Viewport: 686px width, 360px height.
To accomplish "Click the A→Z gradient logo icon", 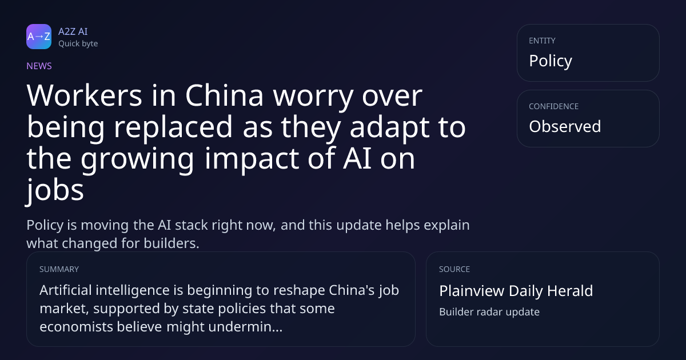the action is click(39, 37).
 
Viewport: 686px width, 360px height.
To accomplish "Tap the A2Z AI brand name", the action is click(73, 31).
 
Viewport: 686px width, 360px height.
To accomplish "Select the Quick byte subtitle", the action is click(78, 44).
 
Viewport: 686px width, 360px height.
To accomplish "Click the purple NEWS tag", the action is click(39, 66).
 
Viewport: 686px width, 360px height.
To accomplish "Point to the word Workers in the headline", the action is click(84, 95).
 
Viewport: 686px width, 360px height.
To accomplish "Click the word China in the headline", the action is click(224, 95).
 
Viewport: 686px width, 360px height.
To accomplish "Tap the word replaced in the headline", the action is click(173, 127).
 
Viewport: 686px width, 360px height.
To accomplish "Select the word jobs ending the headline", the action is click(55, 190).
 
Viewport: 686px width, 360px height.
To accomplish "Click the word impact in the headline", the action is click(252, 159).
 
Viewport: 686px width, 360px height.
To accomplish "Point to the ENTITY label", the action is click(542, 41).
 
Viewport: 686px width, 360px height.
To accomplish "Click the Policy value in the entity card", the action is click(551, 61).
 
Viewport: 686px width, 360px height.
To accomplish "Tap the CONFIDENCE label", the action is click(554, 106).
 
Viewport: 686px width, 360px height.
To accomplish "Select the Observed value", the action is click(565, 126).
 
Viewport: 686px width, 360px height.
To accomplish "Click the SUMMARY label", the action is click(59, 269).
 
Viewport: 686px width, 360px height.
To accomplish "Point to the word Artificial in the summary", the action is click(66, 290).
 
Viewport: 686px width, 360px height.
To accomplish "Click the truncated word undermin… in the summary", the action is click(245, 327).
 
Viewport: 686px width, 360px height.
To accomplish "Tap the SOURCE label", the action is click(454, 269).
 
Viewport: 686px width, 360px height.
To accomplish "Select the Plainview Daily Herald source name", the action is click(516, 291).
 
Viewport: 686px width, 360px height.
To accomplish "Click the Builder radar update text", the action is click(489, 312).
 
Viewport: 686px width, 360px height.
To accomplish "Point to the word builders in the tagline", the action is click(171, 243).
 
